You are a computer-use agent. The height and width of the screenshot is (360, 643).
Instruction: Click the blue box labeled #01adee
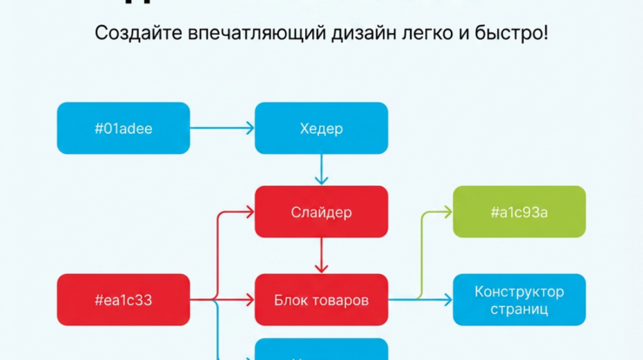point(123,129)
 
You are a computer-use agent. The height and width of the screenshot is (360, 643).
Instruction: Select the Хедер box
point(321,129)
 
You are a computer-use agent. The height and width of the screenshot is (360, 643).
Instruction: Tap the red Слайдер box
point(321,212)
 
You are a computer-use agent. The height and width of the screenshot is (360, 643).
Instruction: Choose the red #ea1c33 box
point(123,300)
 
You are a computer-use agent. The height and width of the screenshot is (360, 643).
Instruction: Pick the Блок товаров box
point(321,300)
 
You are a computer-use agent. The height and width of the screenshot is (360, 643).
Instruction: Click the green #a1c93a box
point(519,212)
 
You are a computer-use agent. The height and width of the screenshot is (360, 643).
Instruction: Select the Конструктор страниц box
point(519,300)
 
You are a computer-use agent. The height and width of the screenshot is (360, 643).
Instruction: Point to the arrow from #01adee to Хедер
point(222,129)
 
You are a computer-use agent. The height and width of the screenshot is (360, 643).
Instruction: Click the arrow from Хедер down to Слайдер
point(321,170)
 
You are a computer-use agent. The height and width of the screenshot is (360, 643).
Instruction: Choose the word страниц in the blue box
point(519,309)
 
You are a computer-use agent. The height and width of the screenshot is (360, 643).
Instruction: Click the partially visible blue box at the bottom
point(321,350)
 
